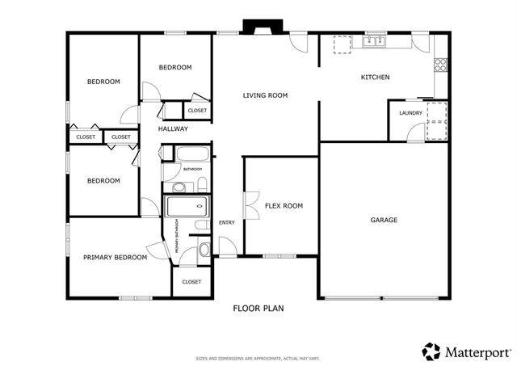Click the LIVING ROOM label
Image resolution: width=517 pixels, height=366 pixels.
tap(265, 95)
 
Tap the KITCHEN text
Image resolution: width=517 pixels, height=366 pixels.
tap(375, 78)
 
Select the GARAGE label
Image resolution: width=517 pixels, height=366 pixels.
tap(384, 220)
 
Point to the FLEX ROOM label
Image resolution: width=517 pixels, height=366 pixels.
tap(284, 206)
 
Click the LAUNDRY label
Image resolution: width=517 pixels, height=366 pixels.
tap(410, 113)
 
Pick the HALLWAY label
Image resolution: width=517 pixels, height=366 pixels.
tap(173, 128)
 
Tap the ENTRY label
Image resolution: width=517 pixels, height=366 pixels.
tap(226, 223)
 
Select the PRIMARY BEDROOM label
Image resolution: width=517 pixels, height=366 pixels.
tap(115, 258)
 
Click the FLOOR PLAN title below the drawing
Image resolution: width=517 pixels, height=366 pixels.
tap(258, 308)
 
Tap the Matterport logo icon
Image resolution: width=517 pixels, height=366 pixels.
tap(431, 351)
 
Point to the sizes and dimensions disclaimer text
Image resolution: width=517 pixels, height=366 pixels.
tap(258, 358)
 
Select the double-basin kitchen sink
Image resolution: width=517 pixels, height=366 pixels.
tap(374, 40)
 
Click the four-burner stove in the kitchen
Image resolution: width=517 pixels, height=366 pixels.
tap(441, 67)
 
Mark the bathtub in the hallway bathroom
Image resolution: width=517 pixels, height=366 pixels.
tap(191, 154)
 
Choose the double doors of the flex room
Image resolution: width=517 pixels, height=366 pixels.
tap(249, 205)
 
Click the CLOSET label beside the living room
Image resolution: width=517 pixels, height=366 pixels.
tap(196, 111)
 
